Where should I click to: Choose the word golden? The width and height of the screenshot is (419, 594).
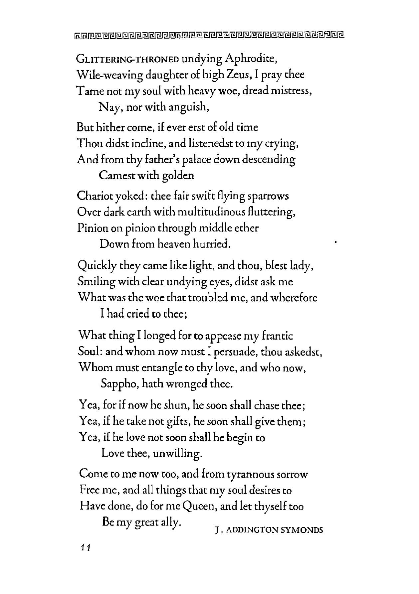[178, 176]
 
